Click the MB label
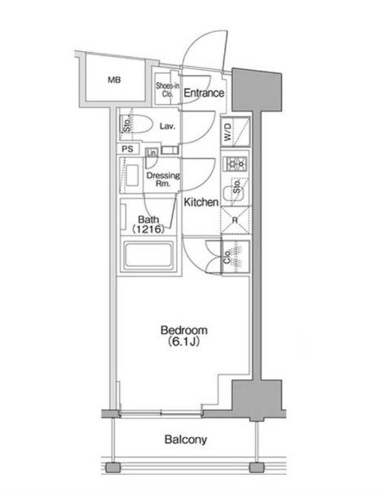click(114, 80)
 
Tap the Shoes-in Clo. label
click(167, 90)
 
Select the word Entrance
click(204, 93)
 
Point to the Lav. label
click(167, 126)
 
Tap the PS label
click(128, 149)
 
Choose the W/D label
click(227, 132)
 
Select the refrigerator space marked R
click(236, 221)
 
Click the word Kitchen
click(201, 203)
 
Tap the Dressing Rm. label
click(163, 179)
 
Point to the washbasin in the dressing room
click(132, 175)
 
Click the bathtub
click(148, 255)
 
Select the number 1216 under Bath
click(148, 229)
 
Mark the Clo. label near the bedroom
click(227, 256)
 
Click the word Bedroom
click(184, 330)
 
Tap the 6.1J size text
click(184, 342)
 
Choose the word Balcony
click(186, 440)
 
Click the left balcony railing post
click(113, 467)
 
